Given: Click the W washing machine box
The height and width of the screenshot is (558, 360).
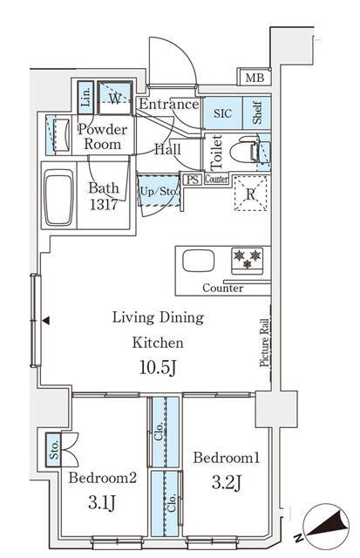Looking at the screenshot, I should click(115, 97).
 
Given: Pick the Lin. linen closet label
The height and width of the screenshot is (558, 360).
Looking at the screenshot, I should click(86, 98).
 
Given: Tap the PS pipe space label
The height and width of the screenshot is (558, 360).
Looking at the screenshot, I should click(194, 180).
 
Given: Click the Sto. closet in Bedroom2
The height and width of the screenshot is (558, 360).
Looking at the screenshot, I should click(54, 449).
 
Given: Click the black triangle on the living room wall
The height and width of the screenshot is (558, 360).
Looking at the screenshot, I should click(45, 321).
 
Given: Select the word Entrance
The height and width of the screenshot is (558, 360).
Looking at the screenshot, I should click(168, 105).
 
